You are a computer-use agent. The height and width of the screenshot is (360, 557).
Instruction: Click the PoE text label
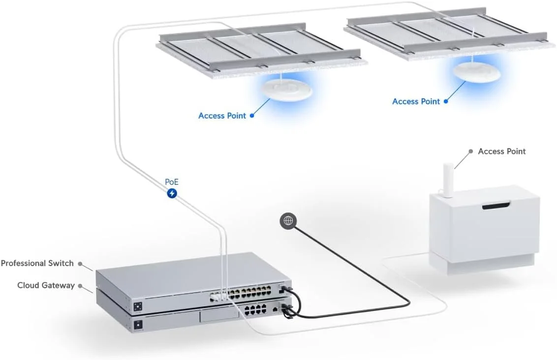click(x=172, y=182)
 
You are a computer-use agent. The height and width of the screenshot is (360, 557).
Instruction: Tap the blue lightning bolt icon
click(x=172, y=194)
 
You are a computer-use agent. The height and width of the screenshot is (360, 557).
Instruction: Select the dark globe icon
click(x=288, y=221)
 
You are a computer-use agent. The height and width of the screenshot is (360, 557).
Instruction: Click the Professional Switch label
click(x=37, y=263)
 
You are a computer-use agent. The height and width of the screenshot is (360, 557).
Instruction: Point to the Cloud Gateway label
click(x=46, y=285)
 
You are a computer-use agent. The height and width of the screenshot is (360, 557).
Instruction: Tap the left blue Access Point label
click(x=222, y=116)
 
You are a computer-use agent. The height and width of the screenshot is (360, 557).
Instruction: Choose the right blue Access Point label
click(x=416, y=101)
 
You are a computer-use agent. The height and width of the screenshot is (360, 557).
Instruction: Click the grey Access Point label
click(x=501, y=151)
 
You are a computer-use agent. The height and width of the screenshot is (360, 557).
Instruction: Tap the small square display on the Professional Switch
click(x=138, y=307)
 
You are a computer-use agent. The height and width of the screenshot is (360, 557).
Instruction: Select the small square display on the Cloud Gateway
click(x=138, y=325)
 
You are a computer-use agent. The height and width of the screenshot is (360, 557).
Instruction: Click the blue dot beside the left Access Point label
click(x=252, y=116)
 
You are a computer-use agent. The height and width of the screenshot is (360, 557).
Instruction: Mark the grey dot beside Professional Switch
click(x=80, y=263)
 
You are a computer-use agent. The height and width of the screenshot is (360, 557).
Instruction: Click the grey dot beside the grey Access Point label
click(x=471, y=151)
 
